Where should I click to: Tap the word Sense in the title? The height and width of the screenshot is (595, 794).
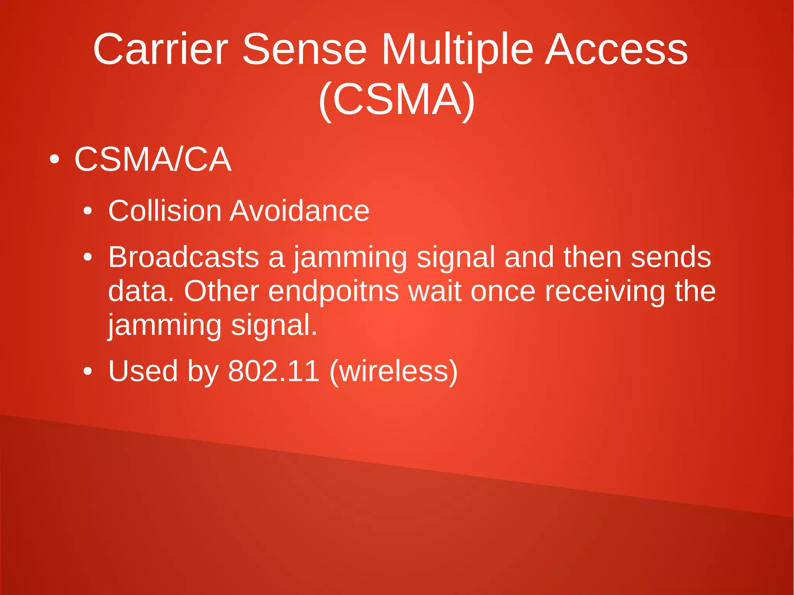pos(304,50)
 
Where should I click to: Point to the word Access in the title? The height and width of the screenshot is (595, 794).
pos(616,50)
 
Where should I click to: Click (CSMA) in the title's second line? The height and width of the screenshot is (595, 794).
pos(397,100)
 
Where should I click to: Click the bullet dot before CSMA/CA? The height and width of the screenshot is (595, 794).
pos(54,159)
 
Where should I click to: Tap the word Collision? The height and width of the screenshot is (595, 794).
pos(164,211)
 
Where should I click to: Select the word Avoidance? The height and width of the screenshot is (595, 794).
pos(300,211)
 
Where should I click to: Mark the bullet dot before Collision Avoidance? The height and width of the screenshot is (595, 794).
pos(88,212)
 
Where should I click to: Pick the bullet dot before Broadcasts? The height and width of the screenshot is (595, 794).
pos(88,257)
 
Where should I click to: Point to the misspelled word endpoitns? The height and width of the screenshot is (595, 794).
pos(333,291)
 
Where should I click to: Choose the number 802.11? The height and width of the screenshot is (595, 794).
pos(273,371)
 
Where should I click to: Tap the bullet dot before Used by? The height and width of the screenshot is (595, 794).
pos(88,371)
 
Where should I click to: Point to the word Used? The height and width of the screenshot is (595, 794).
pos(143,371)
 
